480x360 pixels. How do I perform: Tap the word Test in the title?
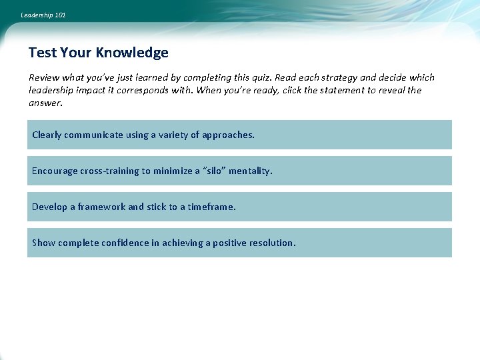(x=43, y=53)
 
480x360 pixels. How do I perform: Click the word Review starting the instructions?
(x=43, y=77)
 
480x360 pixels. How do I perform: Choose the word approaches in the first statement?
(x=227, y=135)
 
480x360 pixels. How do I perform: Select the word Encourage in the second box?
(x=55, y=171)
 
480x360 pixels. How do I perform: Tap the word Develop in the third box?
(x=49, y=207)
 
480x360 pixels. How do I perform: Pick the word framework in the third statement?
(x=101, y=207)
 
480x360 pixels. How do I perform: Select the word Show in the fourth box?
(x=44, y=243)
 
